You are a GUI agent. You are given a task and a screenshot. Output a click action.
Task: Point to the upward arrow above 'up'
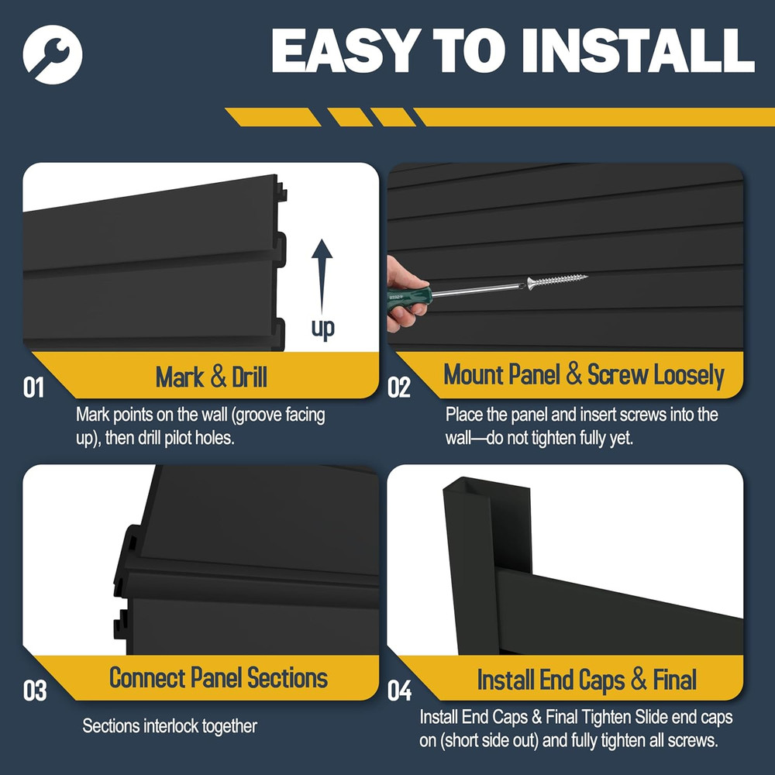pos(322,272)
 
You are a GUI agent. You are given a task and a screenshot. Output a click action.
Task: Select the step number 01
pos(33,387)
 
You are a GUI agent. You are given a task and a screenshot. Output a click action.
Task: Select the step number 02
pos(398,387)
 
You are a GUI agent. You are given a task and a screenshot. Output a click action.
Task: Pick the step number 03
pos(35,691)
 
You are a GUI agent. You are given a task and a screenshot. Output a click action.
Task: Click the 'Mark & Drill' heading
pos(211,377)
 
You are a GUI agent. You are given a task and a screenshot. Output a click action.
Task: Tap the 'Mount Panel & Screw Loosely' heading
pos(584,375)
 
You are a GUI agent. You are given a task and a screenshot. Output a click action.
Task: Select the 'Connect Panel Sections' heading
pos(218,678)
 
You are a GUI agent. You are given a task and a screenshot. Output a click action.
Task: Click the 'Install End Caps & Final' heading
pos(587,680)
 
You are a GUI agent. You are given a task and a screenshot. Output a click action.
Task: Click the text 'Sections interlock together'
pos(170,727)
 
